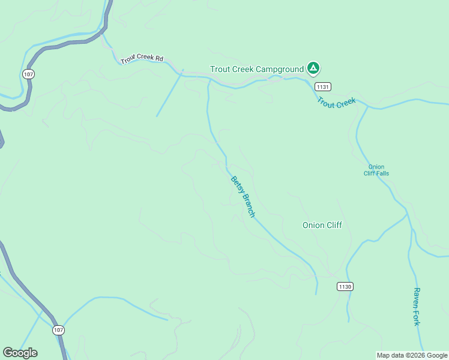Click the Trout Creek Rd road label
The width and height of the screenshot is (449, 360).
142,59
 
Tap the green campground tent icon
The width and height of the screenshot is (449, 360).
313,68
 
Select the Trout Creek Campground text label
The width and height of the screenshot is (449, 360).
257,69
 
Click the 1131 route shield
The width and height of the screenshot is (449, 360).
322,86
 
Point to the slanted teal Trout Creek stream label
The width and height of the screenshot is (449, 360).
337,103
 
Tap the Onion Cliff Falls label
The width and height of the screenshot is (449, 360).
376,170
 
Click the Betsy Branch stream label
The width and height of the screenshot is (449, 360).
243,197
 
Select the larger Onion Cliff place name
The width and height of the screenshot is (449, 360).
322,225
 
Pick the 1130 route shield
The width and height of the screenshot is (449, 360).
345,286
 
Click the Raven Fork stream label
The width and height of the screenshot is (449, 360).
416,306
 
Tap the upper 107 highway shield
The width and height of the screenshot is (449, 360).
28,74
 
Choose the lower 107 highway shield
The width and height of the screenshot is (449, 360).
58,330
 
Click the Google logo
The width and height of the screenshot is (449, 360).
20,353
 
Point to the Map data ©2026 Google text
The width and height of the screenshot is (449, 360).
412,355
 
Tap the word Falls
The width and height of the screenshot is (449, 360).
381,173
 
